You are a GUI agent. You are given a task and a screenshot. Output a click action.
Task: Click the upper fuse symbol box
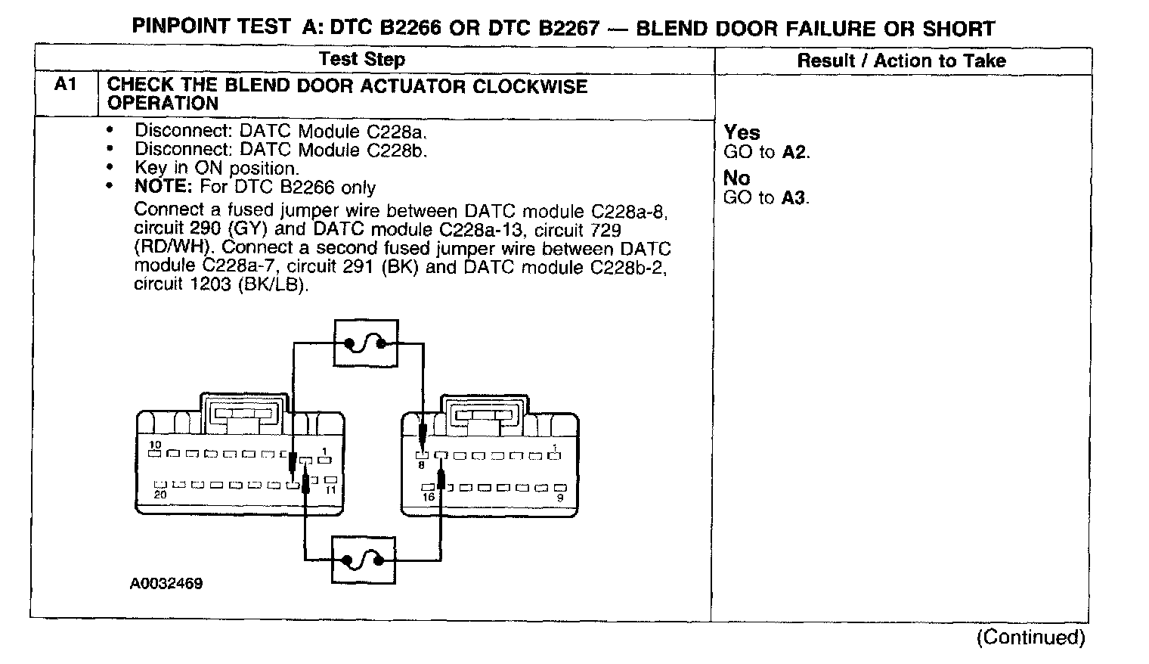pos(365,344)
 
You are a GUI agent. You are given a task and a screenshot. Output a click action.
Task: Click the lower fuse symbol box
pos(364,560)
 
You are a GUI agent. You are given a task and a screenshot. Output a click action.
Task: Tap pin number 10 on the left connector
pos(155,445)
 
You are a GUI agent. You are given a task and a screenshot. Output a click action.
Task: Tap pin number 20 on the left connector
pos(159,494)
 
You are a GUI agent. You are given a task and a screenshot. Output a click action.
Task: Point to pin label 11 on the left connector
pos(330,490)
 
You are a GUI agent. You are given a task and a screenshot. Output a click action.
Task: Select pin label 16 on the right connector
pos(429,497)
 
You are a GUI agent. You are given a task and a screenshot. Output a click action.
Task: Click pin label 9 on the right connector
pos(559,498)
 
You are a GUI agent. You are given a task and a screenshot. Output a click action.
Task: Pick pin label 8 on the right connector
pos(421,466)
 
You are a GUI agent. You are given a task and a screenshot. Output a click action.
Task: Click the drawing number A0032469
pos(166,584)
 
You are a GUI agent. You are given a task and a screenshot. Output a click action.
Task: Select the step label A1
pos(66,85)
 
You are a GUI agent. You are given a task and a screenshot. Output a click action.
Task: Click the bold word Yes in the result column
pos(742,133)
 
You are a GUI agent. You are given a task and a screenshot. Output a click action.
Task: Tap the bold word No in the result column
pos(737,178)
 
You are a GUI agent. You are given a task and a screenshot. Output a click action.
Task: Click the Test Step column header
pos(361,60)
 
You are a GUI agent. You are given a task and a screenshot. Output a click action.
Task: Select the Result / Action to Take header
pos(902,61)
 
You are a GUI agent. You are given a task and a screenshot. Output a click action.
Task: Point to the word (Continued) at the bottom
pos(1030,637)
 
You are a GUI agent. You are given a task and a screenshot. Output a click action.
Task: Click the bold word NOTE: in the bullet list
pos(164,187)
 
